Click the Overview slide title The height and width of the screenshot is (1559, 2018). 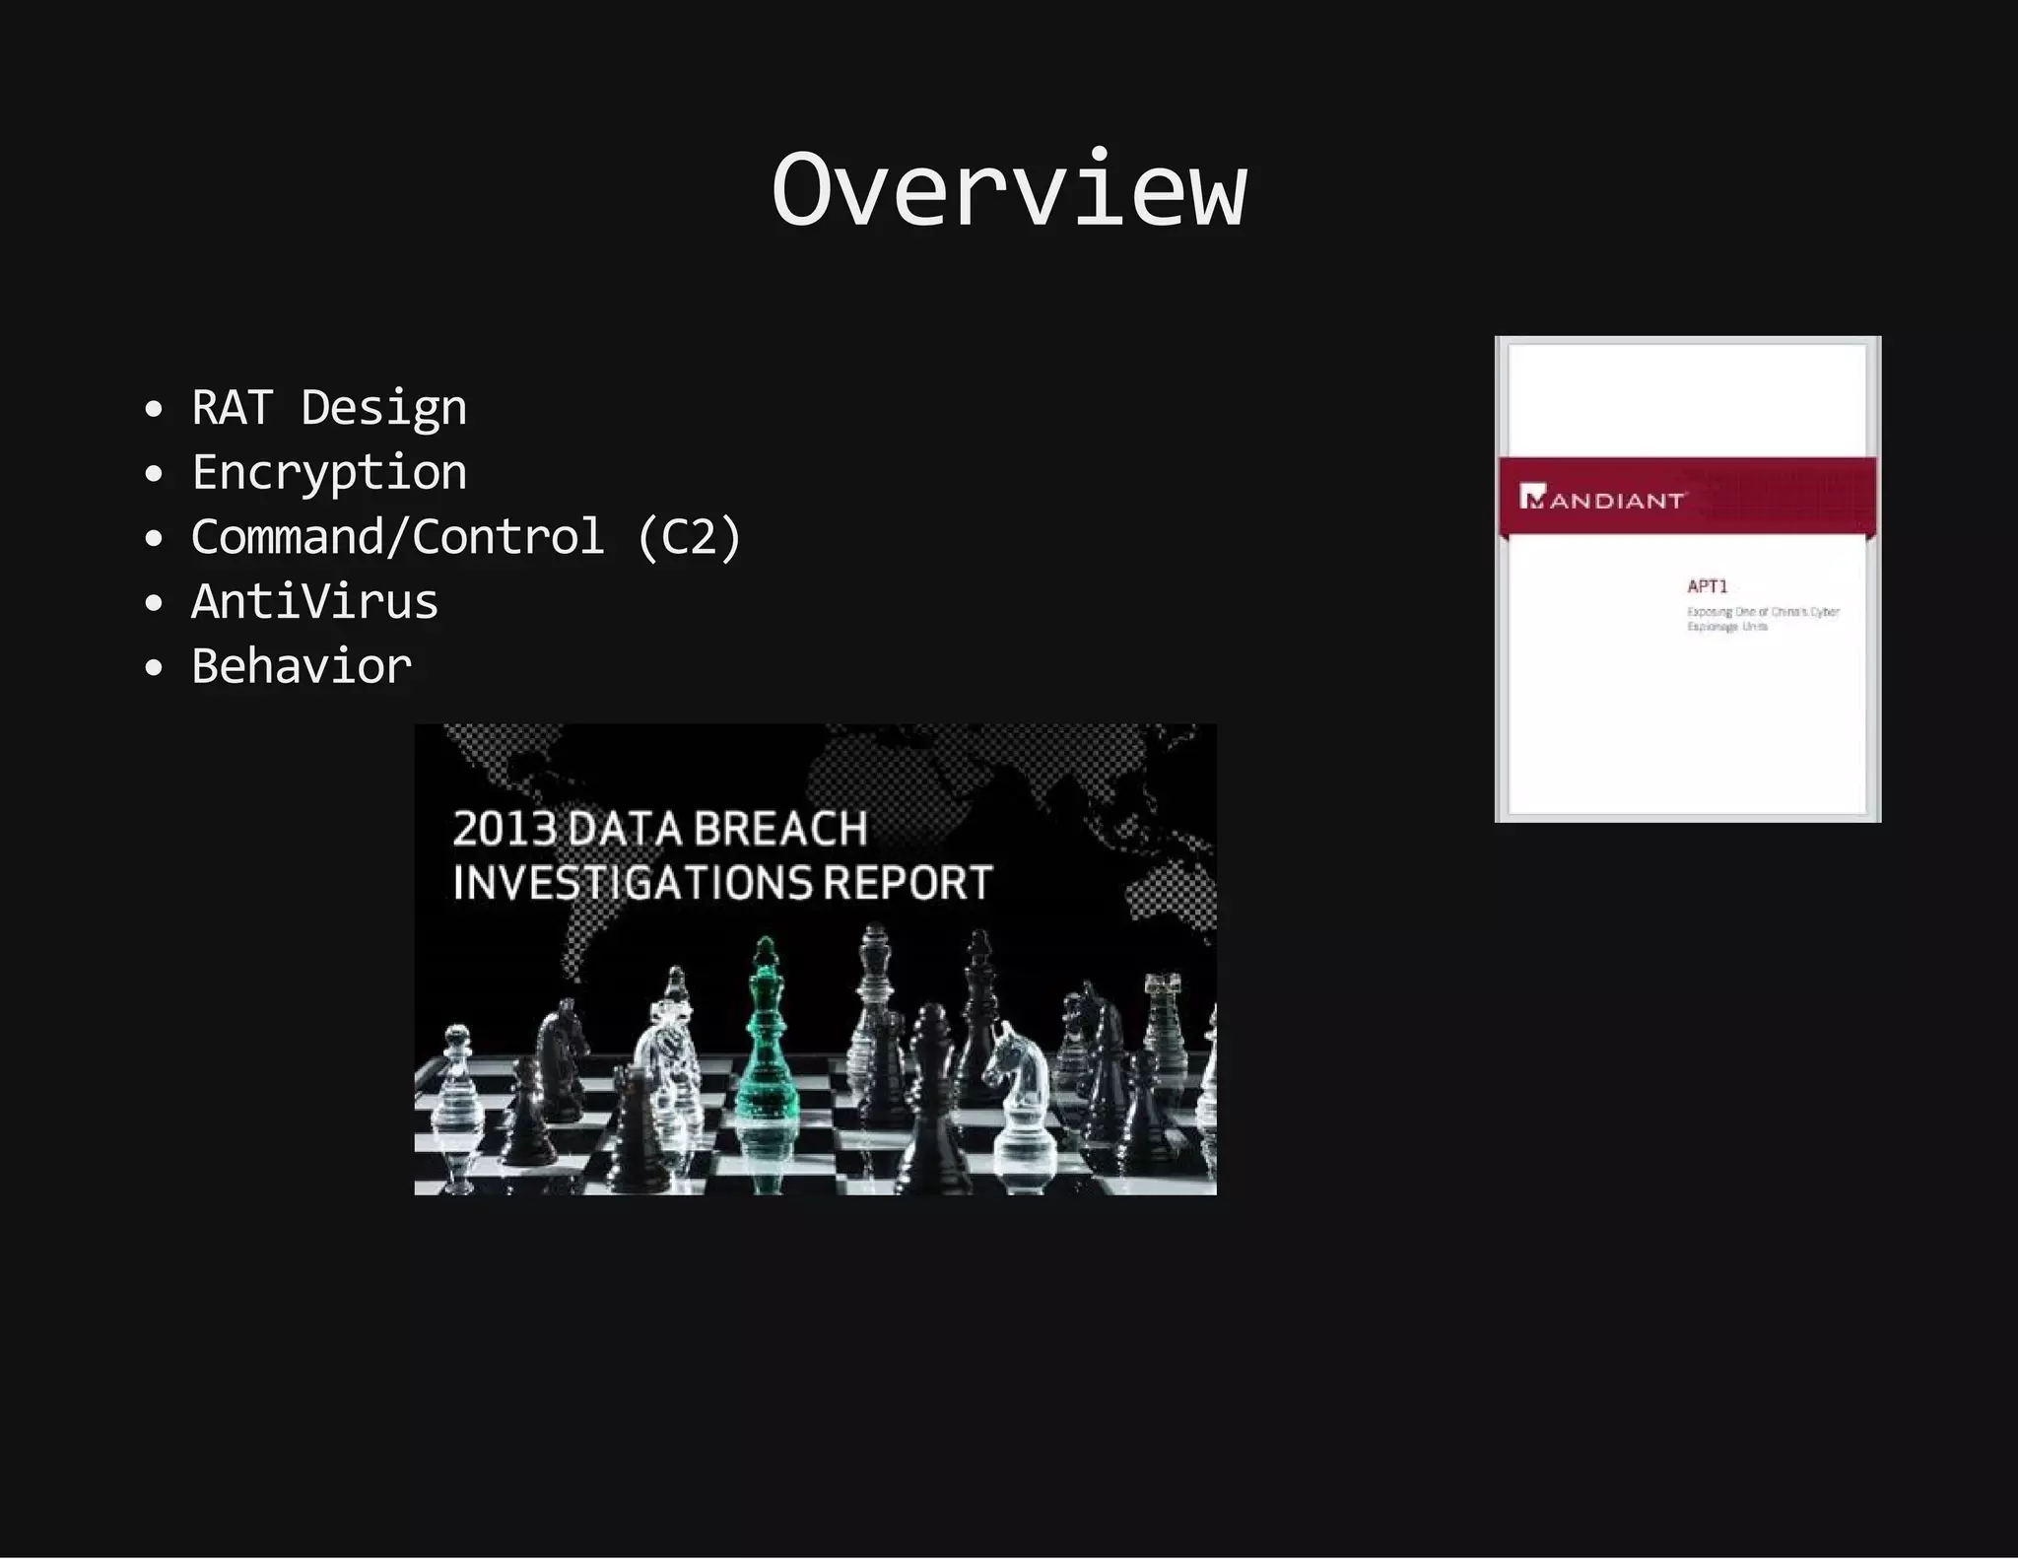pyautogui.click(x=1009, y=189)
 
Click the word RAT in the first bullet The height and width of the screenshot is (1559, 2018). pyautogui.click(x=232, y=407)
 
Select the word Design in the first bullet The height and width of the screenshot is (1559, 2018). pyautogui.click(x=384, y=409)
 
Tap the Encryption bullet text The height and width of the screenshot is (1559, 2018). pyautogui.click(x=329, y=473)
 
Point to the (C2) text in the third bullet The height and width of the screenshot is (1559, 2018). pyautogui.click(x=689, y=537)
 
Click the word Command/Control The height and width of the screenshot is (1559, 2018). pyautogui.click(x=397, y=537)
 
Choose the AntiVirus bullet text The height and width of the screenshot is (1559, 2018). pyautogui.click(x=314, y=601)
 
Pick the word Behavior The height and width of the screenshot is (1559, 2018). pyautogui.click(x=302, y=666)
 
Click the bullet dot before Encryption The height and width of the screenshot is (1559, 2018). pyautogui.click(x=153, y=474)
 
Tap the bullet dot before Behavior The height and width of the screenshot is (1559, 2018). pyautogui.click(x=153, y=668)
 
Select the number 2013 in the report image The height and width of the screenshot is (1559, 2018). pyautogui.click(x=504, y=829)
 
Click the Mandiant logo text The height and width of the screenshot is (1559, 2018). pyautogui.click(x=1616, y=501)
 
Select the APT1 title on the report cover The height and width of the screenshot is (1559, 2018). pyautogui.click(x=1708, y=586)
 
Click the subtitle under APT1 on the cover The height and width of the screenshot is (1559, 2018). pyautogui.click(x=1762, y=619)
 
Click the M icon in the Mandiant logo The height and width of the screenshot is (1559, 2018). pyautogui.click(x=1531, y=497)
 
